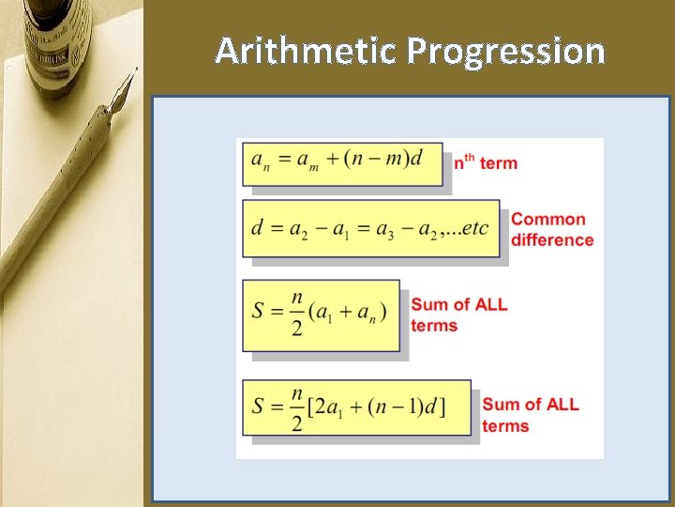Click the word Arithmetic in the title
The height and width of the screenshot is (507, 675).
click(x=306, y=51)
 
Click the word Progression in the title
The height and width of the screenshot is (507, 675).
click(x=506, y=51)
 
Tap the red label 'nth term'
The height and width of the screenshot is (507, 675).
click(x=486, y=162)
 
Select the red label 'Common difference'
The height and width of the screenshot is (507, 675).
click(x=552, y=229)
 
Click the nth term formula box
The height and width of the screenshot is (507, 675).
click(x=342, y=163)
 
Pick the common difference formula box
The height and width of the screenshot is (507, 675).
click(x=370, y=228)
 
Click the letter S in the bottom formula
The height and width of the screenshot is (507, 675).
click(x=260, y=406)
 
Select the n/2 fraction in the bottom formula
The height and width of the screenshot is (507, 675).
click(x=297, y=407)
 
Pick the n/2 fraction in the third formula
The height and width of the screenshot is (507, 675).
click(x=297, y=314)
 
